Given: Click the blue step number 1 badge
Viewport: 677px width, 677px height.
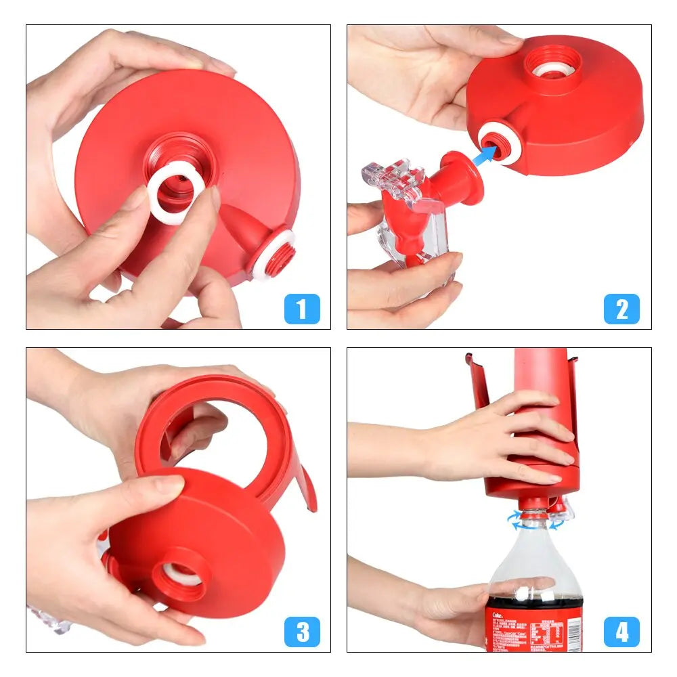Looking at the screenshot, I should coord(302,309).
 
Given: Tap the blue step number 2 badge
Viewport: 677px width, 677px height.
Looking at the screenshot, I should coord(621,309).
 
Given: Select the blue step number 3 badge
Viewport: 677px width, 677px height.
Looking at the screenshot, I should coord(302,632).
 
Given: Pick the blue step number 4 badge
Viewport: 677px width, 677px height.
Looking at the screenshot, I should coord(621,632).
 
